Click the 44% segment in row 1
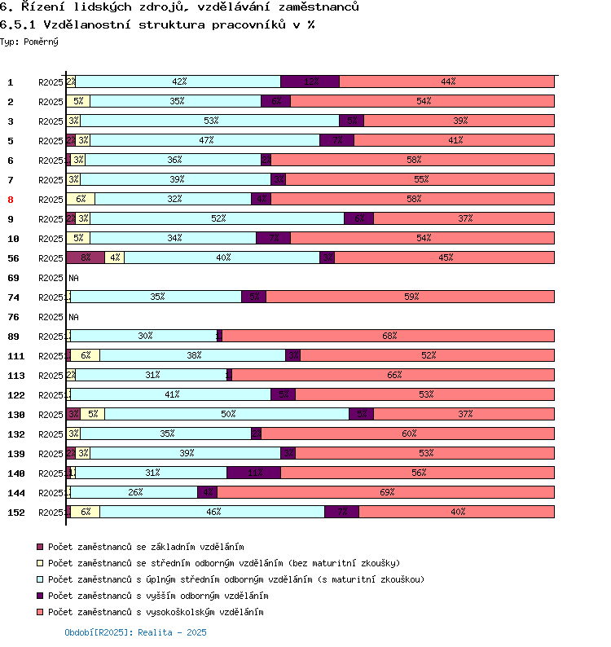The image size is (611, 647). [x=446, y=81]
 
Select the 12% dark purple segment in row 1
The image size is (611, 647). [x=310, y=81]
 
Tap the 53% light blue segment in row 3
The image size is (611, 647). [x=210, y=121]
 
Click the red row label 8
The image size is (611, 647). [x=11, y=200]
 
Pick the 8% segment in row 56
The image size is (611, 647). [x=86, y=258]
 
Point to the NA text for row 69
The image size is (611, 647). [x=73, y=278]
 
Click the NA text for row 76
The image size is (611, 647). [x=73, y=317]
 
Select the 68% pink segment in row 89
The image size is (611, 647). [x=389, y=337]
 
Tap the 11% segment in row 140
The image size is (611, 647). [x=253, y=473]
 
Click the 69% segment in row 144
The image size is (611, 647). [x=385, y=493]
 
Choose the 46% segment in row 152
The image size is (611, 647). [x=212, y=513]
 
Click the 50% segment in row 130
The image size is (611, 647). [x=226, y=415]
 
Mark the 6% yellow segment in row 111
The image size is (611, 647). [x=86, y=356]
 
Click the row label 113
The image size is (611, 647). [x=15, y=376]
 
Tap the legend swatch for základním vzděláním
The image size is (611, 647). [x=40, y=547]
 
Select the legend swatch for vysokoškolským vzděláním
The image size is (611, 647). [x=40, y=612]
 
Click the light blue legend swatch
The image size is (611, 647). [x=40, y=579]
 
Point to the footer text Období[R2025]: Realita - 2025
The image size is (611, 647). [x=135, y=632]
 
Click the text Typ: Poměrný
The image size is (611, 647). [x=29, y=41]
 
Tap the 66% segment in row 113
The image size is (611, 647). [x=393, y=376]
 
